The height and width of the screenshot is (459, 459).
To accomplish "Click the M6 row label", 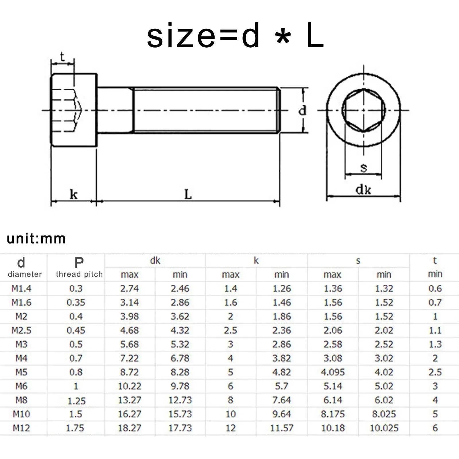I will click(22, 386).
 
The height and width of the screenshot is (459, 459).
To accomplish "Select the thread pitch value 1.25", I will click(77, 401).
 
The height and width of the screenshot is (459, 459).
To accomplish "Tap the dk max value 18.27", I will click(130, 428).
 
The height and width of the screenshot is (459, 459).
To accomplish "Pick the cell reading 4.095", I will click(333, 372).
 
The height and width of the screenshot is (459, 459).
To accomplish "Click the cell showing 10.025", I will click(384, 428).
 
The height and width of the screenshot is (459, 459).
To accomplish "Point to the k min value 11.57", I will click(282, 428).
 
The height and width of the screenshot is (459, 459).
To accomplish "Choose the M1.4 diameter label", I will click(22, 288).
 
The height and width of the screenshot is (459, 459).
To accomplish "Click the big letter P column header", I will click(79, 262).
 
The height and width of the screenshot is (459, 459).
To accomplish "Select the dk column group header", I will click(155, 260).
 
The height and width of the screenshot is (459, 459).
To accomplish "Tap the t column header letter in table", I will click(435, 260).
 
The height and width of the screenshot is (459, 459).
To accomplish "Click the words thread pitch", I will click(79, 274).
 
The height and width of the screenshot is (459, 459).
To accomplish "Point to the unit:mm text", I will click(36, 239).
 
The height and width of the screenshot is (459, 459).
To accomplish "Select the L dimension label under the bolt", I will click(188, 195).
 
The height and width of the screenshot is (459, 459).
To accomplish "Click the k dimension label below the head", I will click(73, 195).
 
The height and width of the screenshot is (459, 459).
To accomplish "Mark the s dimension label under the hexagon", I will click(363, 167).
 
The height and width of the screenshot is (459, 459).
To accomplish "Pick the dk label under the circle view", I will click(363, 190).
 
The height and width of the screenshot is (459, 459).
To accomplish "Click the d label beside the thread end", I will click(302, 110).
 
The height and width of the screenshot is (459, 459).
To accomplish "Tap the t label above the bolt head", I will click(62, 57).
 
